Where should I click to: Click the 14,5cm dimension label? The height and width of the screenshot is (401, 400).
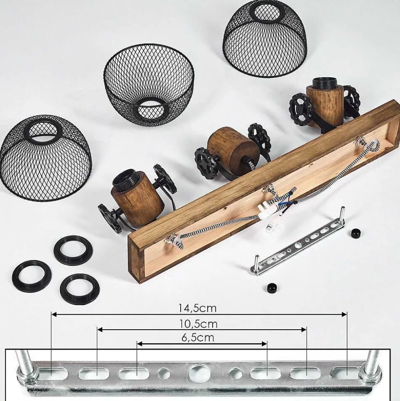click(x=197, y=308)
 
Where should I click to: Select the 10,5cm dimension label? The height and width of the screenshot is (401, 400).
click(x=198, y=324)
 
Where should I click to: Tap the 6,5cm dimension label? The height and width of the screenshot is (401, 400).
click(x=198, y=337)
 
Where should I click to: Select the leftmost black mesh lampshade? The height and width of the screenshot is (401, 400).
click(x=45, y=157)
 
